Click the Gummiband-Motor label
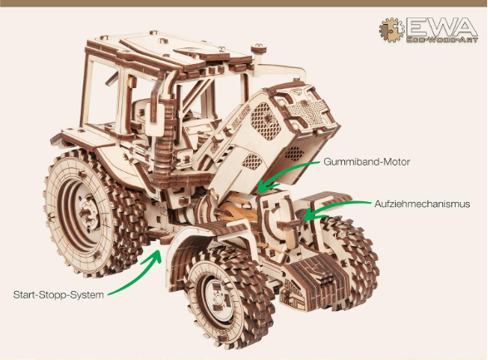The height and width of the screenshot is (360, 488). (367, 162)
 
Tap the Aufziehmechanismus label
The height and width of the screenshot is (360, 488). (422, 204)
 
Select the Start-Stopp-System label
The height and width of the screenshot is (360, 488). (58, 294)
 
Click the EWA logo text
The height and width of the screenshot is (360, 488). (441, 27)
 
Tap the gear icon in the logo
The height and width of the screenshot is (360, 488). (392, 30)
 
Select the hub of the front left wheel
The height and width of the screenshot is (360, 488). (219, 299)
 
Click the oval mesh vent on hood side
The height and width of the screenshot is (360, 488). (265, 121)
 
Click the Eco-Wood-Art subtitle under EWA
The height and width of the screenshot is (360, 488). (441, 40)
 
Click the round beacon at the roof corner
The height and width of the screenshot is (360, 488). (259, 49)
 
